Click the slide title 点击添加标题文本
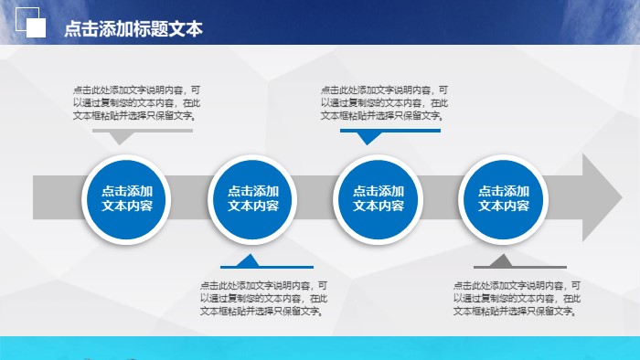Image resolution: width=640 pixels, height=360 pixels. click(x=133, y=28)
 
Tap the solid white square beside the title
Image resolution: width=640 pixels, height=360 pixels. click(x=37, y=29)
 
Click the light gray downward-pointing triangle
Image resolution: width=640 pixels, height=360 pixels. click(x=119, y=137)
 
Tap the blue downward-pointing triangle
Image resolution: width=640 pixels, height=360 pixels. click(x=368, y=138)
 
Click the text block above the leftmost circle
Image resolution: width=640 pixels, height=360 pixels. click(x=137, y=103)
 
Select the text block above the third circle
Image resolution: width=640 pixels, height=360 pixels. click(x=384, y=103)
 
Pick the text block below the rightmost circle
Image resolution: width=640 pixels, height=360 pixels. click(x=517, y=298)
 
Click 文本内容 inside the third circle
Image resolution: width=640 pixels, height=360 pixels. click(x=379, y=206)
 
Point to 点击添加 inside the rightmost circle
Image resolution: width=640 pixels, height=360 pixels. click(x=504, y=191)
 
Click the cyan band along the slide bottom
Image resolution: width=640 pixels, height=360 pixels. click(x=320, y=348)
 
